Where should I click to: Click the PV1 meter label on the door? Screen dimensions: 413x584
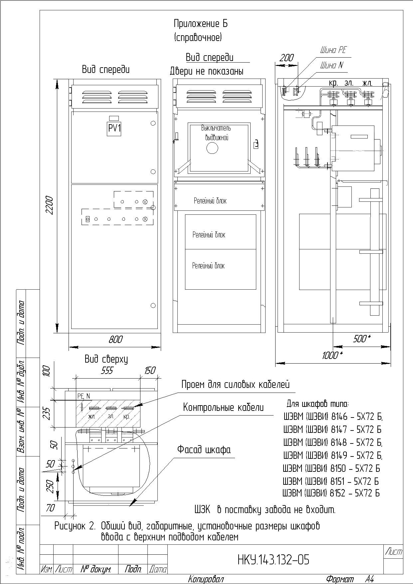click(x=114, y=128)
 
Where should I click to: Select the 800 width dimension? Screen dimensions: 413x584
click(x=115, y=339)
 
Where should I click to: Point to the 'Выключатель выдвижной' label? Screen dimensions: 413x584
click(x=216, y=133)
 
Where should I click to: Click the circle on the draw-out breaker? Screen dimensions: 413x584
click(x=211, y=148)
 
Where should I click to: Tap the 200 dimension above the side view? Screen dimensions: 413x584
click(x=286, y=58)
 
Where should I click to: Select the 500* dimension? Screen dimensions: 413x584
click(x=361, y=339)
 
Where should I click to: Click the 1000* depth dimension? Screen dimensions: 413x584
click(x=332, y=355)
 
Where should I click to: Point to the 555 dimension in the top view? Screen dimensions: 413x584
click(x=107, y=371)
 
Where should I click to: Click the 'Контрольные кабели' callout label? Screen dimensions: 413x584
click(x=223, y=407)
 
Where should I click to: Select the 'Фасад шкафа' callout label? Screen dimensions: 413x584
click(x=204, y=449)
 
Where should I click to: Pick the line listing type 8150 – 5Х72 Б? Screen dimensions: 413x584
click(x=331, y=468)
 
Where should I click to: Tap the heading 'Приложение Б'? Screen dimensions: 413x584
click(x=201, y=24)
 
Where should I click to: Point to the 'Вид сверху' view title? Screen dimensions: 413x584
click(x=106, y=359)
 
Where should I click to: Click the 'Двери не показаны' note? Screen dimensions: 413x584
click(x=207, y=71)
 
